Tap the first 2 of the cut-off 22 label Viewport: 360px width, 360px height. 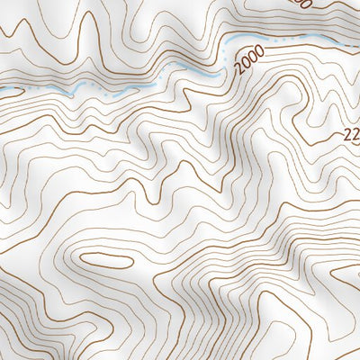(346, 136)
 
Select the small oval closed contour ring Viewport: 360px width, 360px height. (107, 260)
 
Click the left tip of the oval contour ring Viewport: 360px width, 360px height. (81, 259)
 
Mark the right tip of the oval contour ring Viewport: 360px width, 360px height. (133, 261)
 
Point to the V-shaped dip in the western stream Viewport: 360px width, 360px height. (67, 93)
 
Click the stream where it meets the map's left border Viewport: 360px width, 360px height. (2, 90)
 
